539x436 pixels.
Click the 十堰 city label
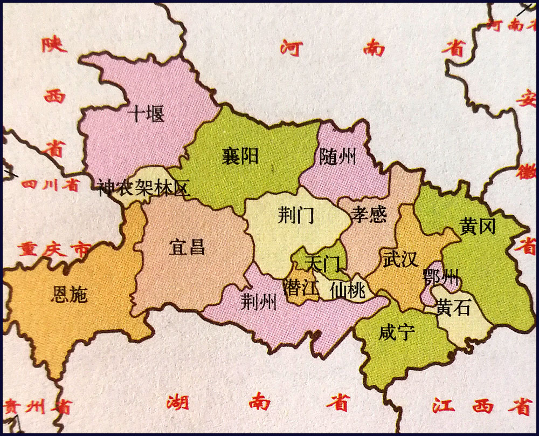tap(147, 114)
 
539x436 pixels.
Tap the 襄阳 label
tap(240, 156)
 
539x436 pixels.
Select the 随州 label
tap(338, 157)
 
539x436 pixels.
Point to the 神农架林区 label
tap(144, 188)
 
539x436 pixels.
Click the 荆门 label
tap(296, 216)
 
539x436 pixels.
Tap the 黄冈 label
tap(478, 226)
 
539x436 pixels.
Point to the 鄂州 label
tap(441, 278)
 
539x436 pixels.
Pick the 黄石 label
tap(453, 308)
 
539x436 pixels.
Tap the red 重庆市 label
tap(53, 249)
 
